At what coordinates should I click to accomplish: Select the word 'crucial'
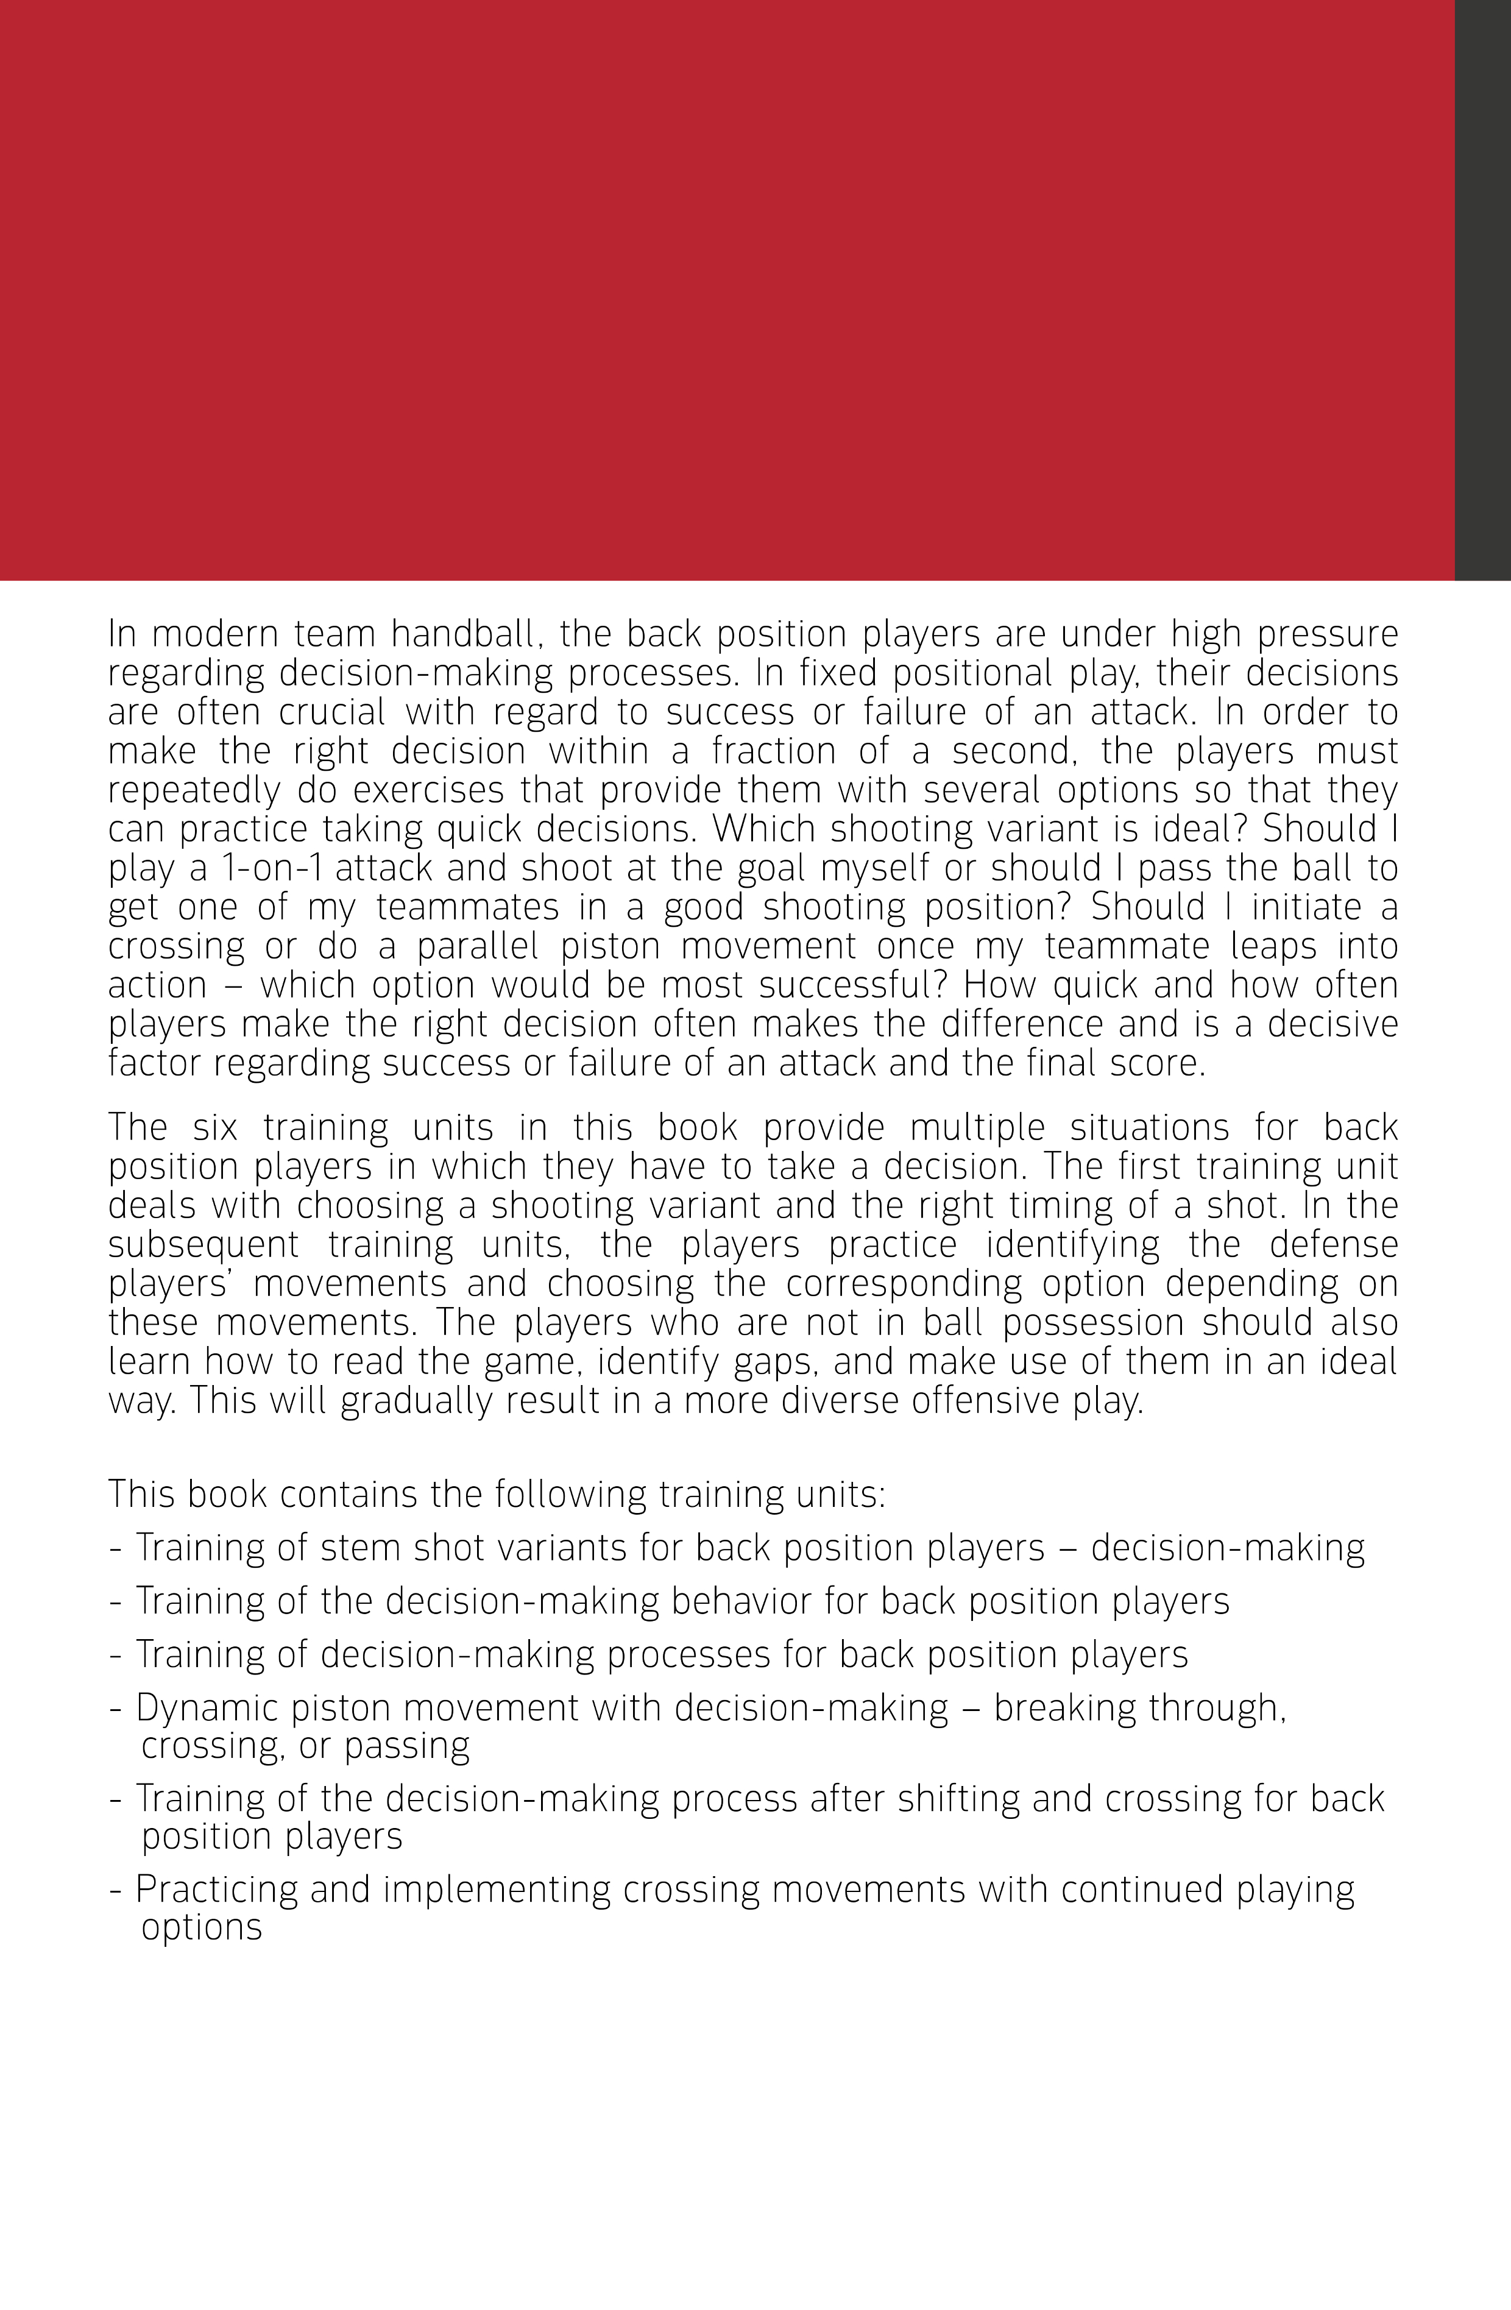[x=332, y=712]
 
